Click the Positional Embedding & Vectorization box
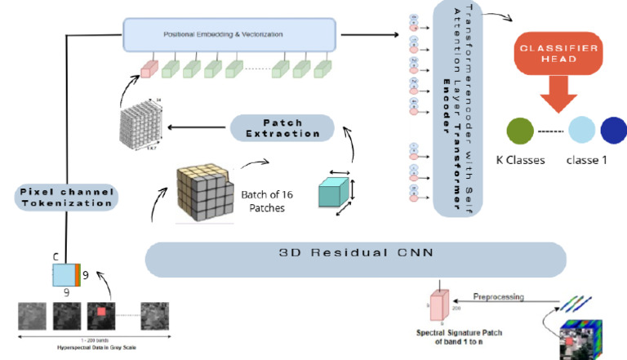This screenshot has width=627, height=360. point(229,34)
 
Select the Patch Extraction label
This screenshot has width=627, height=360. point(282,127)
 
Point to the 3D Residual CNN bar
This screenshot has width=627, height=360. point(355,260)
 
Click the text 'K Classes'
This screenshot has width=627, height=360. point(521,160)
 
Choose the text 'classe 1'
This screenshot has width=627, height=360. point(586,160)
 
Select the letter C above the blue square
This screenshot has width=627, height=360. point(57,256)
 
